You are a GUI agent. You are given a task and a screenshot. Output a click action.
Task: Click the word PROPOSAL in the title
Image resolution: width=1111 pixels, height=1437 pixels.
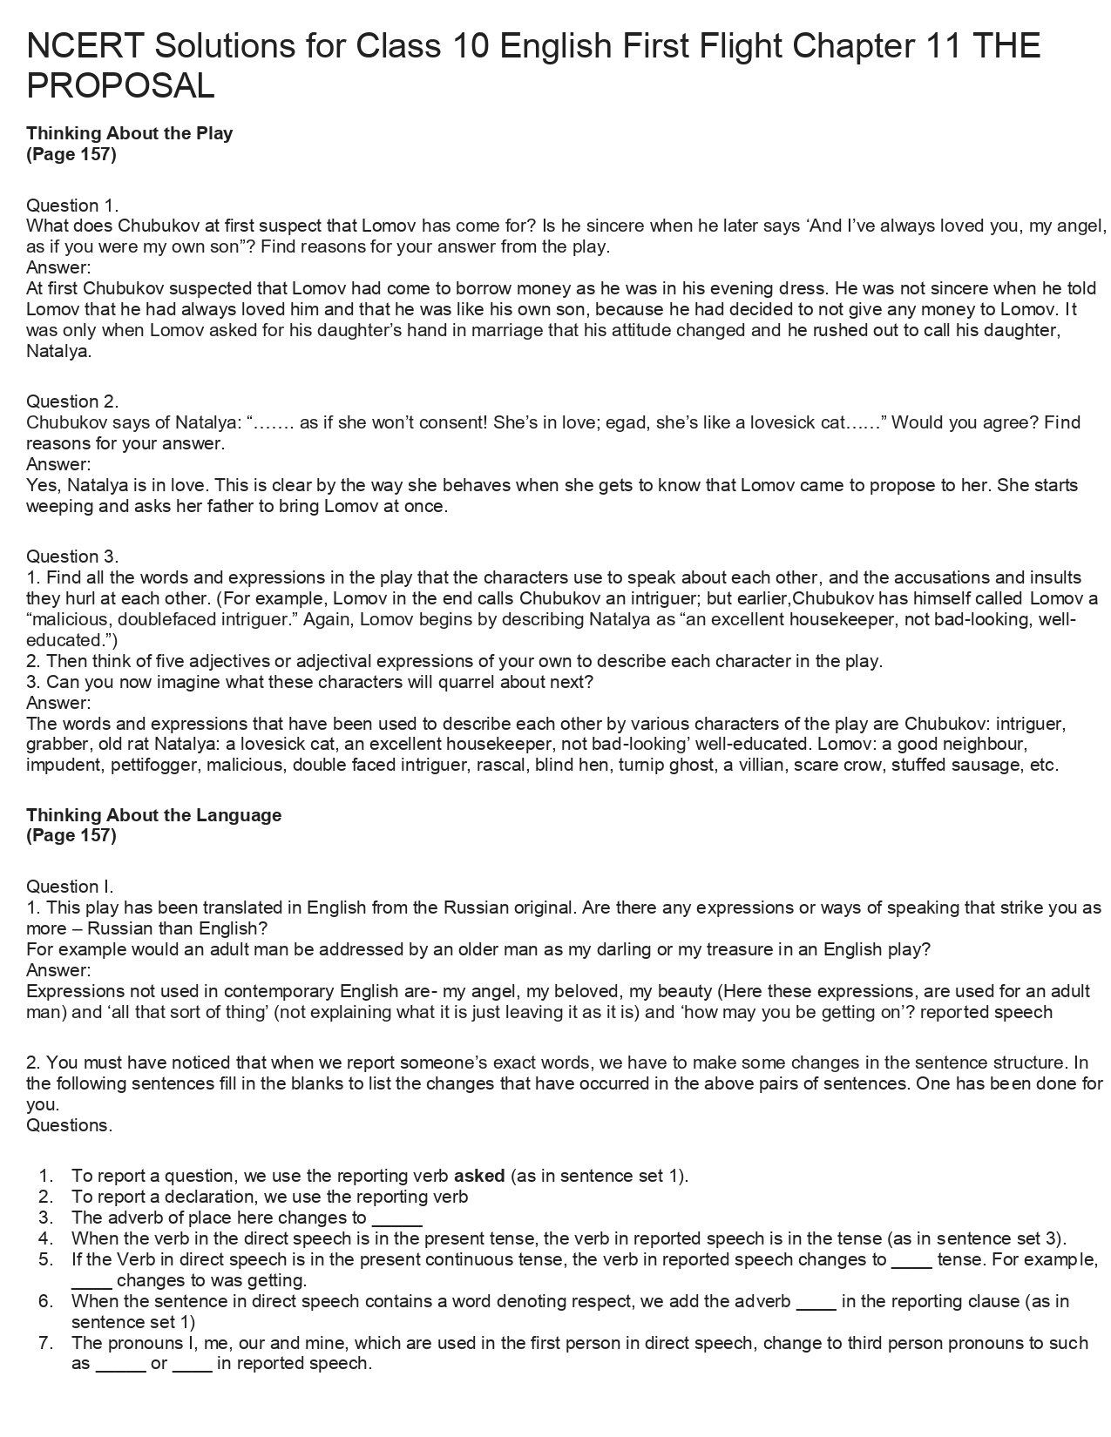(120, 86)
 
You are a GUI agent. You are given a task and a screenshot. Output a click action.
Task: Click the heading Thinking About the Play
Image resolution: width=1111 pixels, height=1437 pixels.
(129, 133)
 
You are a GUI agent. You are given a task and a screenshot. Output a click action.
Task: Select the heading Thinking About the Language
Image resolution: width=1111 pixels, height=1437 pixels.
(153, 815)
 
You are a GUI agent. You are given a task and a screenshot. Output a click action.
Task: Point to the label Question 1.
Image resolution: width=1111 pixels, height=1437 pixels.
(72, 206)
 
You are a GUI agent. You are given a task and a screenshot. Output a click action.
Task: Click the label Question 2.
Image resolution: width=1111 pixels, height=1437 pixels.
(72, 401)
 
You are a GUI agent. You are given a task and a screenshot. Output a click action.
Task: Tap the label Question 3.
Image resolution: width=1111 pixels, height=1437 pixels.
(72, 557)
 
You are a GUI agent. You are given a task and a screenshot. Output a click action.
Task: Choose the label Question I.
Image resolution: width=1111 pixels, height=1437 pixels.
(70, 887)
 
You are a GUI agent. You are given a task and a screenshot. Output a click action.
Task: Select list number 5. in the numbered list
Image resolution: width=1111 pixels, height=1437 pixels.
(46, 1259)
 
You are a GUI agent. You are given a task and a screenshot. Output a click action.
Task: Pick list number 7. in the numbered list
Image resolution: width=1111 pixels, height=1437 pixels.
(46, 1343)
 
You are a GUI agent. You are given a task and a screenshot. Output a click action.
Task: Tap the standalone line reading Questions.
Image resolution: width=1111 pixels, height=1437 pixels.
(69, 1125)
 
